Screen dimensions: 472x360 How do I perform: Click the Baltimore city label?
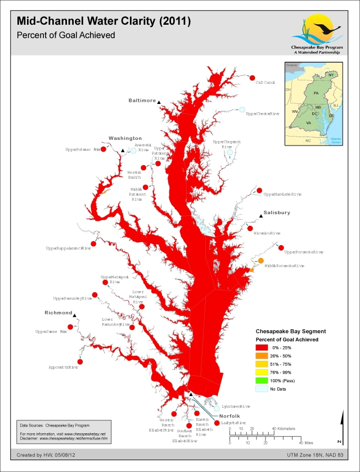(142, 101)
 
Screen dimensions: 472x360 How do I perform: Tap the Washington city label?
(125, 138)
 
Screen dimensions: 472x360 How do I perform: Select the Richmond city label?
(58, 312)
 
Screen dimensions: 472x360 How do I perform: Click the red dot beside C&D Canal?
(252, 78)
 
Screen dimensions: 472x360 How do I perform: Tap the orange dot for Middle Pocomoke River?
(261, 261)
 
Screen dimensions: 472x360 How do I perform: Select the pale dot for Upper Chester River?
(242, 109)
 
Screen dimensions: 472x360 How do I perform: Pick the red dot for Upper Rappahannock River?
(94, 243)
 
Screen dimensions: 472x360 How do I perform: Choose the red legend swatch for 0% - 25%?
(263, 348)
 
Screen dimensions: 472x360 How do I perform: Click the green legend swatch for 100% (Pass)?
(263, 380)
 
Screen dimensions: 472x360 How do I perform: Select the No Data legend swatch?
(263, 389)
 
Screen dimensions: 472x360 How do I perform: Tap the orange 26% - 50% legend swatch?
(263, 356)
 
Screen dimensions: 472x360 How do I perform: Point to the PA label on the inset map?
(316, 93)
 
